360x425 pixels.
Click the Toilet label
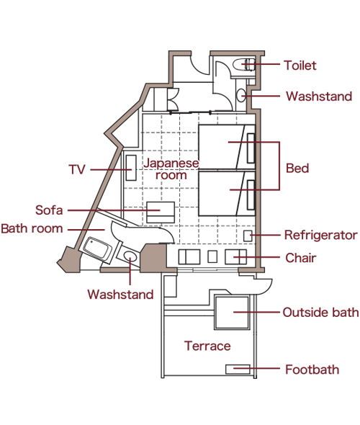[300, 66]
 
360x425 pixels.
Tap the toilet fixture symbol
[244, 65]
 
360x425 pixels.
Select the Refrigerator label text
[320, 235]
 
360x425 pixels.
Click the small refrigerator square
[248, 236]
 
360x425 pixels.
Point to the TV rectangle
[131, 168]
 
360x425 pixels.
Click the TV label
[77, 170]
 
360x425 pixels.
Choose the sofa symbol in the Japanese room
[161, 212]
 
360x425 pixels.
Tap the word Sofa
[49, 210]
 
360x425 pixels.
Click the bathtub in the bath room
[97, 249]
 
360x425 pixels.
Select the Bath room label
[32, 228]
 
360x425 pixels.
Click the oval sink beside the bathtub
[130, 256]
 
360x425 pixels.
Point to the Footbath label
[312, 370]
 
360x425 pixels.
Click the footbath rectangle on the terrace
[238, 369]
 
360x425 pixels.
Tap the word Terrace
[207, 346]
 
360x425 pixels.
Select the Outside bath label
[320, 312]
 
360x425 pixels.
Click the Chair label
[301, 258]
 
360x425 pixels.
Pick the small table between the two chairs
[212, 256]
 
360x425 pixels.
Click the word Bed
[297, 168]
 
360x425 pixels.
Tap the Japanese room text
[171, 169]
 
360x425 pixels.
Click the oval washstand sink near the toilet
[240, 95]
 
